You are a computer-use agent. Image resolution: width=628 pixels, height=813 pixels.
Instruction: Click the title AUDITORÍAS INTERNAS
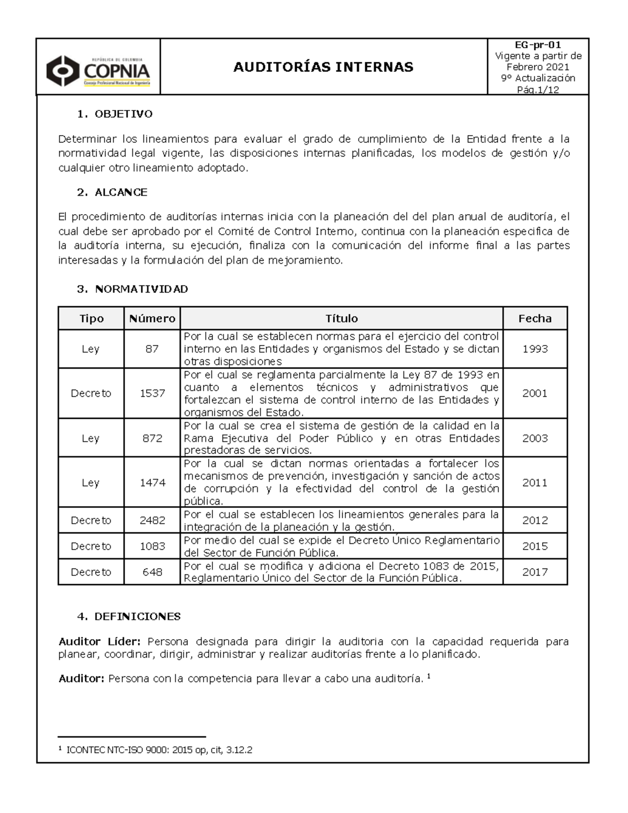click(323, 67)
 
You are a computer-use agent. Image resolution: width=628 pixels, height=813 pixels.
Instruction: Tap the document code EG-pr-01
click(537, 45)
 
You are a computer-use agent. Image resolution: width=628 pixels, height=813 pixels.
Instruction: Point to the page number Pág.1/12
click(537, 90)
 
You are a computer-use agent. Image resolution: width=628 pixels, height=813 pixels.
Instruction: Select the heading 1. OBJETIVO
click(115, 114)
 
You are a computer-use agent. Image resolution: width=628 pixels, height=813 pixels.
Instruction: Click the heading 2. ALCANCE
click(112, 192)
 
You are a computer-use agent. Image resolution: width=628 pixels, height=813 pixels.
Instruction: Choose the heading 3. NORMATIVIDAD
click(132, 289)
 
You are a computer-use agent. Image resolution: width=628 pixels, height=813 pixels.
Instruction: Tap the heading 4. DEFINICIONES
click(129, 617)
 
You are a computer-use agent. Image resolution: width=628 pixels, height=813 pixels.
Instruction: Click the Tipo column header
click(91, 318)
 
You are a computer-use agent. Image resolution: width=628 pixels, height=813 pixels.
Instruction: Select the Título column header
click(341, 318)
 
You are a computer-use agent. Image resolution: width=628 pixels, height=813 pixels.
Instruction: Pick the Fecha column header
click(535, 318)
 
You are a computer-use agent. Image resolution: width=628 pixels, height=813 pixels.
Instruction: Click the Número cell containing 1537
click(152, 393)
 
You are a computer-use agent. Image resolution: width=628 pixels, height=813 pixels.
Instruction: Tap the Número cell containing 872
click(152, 438)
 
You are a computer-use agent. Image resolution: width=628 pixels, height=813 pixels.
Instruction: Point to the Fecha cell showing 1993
click(535, 349)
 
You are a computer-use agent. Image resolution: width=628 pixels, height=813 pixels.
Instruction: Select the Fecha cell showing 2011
click(535, 483)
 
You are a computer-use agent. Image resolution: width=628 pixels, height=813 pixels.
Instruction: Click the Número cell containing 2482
click(152, 520)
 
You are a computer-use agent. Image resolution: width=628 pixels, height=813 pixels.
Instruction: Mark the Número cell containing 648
click(152, 572)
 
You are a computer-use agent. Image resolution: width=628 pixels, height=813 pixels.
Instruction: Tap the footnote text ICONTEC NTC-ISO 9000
click(159, 750)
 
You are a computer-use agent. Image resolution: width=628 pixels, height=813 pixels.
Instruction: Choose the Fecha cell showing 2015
click(535, 546)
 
